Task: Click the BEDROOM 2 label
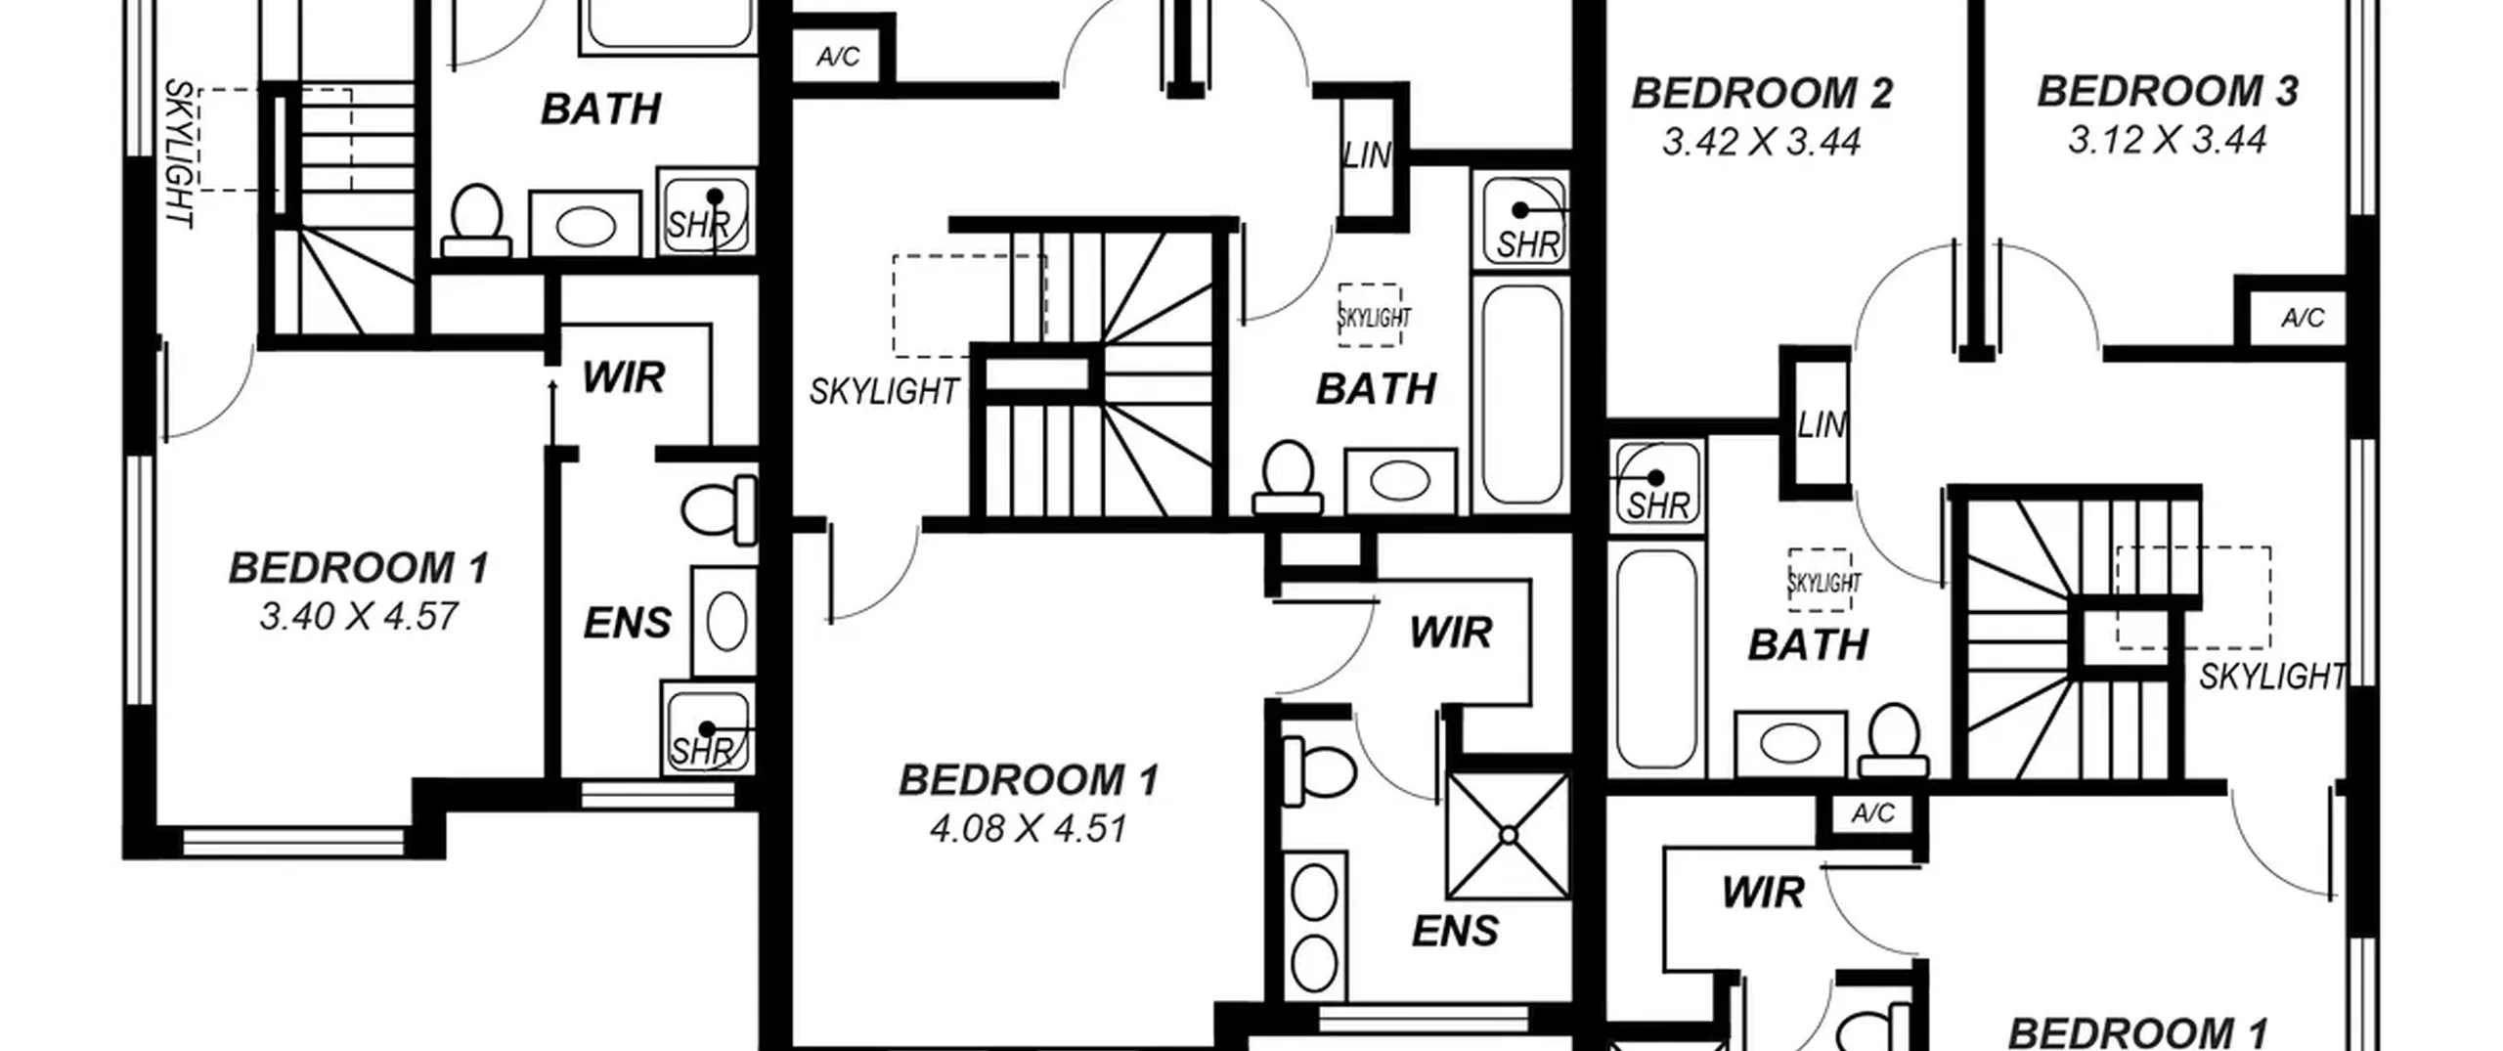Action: pyautogui.click(x=1762, y=94)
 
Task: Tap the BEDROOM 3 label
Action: pyautogui.click(x=2168, y=91)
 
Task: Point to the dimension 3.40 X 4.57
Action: pyautogui.click(x=359, y=616)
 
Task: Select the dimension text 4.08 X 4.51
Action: pyautogui.click(x=1029, y=828)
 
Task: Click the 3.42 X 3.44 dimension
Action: pyautogui.click(x=1762, y=142)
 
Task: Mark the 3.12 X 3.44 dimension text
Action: pyautogui.click(x=2168, y=139)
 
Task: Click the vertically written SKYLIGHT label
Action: pyautogui.click(x=179, y=153)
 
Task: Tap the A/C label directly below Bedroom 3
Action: pyautogui.click(x=2303, y=318)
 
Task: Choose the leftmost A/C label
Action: pyautogui.click(x=838, y=57)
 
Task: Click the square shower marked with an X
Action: pyautogui.click(x=1509, y=836)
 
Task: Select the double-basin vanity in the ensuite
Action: pyautogui.click(x=1315, y=925)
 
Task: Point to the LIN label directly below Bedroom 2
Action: pyautogui.click(x=1822, y=425)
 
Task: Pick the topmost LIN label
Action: pyautogui.click(x=1366, y=155)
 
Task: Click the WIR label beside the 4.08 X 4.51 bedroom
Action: pyautogui.click(x=1451, y=634)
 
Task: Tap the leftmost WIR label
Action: pyautogui.click(x=624, y=377)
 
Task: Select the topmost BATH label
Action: pyautogui.click(x=601, y=109)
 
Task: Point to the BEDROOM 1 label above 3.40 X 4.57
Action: pyautogui.click(x=359, y=568)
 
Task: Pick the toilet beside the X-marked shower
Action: pyautogui.click(x=1319, y=770)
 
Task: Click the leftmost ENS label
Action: pyautogui.click(x=628, y=624)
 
